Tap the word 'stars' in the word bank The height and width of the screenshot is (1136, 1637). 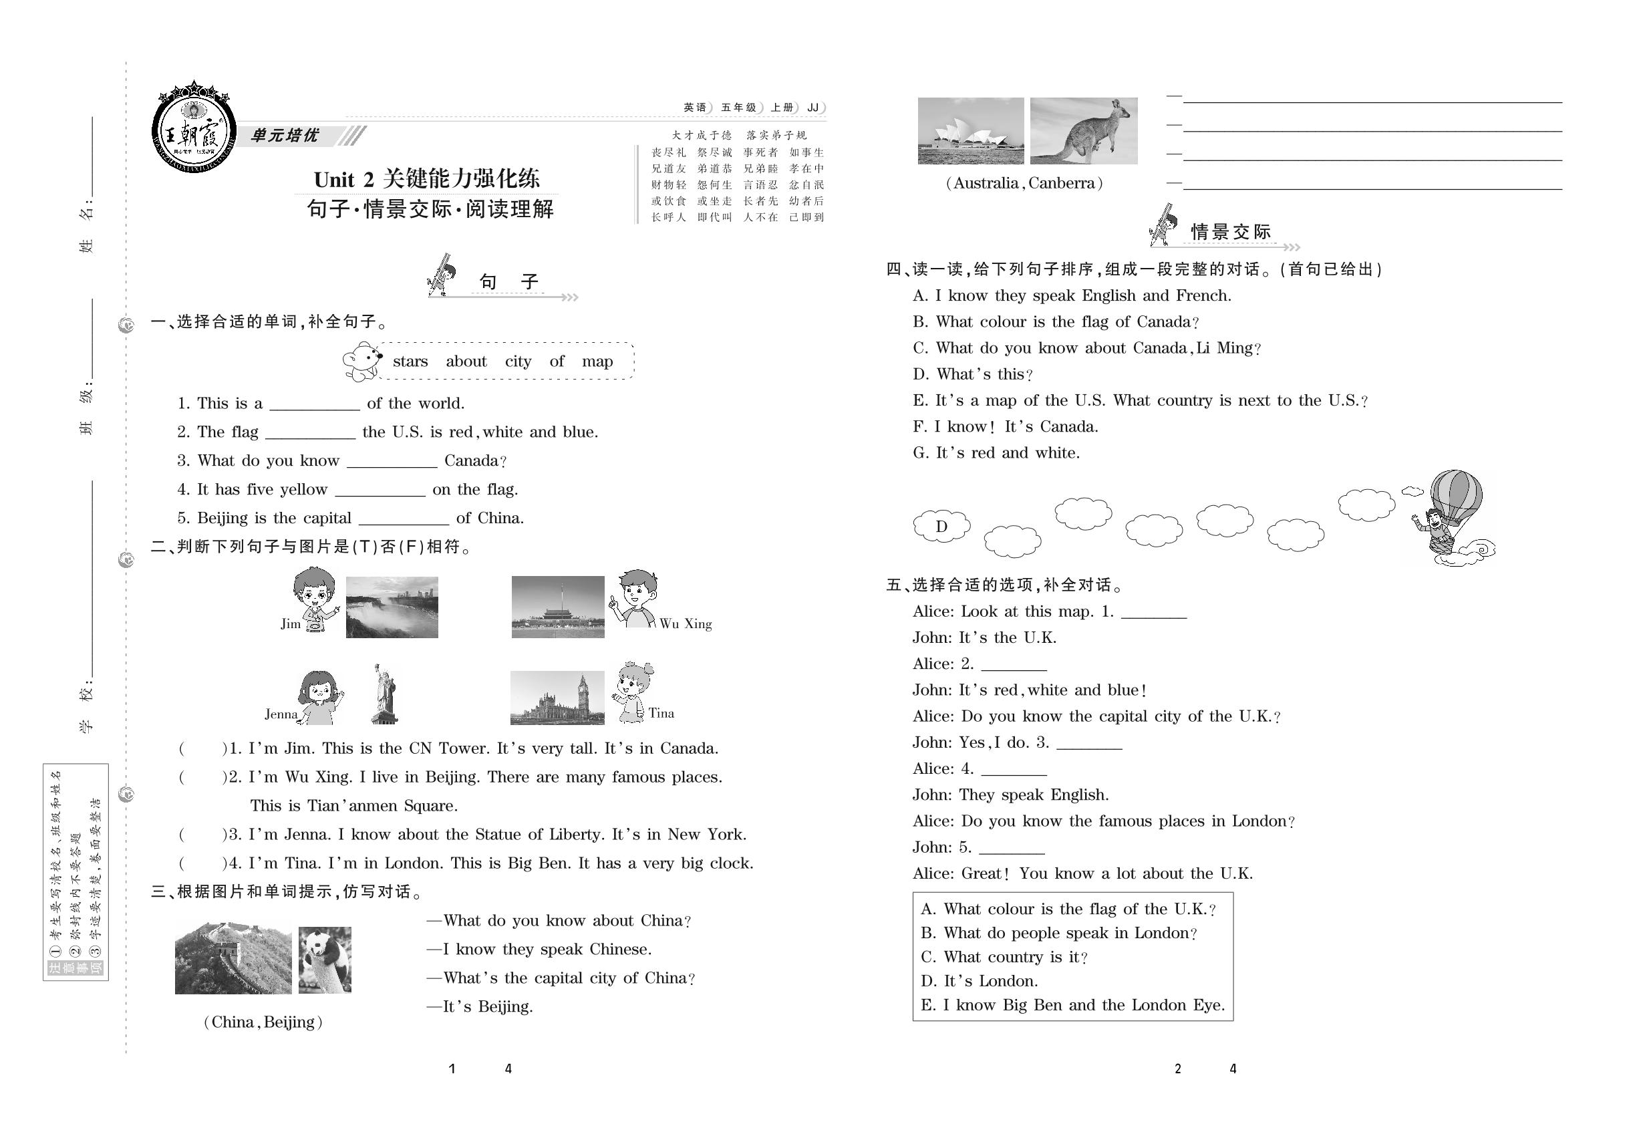(410, 362)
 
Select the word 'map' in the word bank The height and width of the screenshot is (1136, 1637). (597, 362)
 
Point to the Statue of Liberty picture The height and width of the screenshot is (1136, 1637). (384, 694)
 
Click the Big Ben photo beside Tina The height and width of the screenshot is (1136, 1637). (557, 698)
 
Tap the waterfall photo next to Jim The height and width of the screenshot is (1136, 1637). (392, 607)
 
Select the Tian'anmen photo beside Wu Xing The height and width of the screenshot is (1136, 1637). (557, 607)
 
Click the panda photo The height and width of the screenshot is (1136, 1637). (325, 960)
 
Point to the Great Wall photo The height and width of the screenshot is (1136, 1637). (233, 958)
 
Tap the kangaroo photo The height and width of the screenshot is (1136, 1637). (1083, 131)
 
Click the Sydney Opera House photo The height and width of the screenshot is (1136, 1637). (970, 131)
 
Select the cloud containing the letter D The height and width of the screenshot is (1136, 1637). (941, 527)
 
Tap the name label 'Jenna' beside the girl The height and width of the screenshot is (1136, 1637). (281, 714)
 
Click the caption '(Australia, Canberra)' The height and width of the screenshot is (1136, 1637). (1024, 184)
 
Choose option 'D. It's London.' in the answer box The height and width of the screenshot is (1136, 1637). (980, 982)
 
